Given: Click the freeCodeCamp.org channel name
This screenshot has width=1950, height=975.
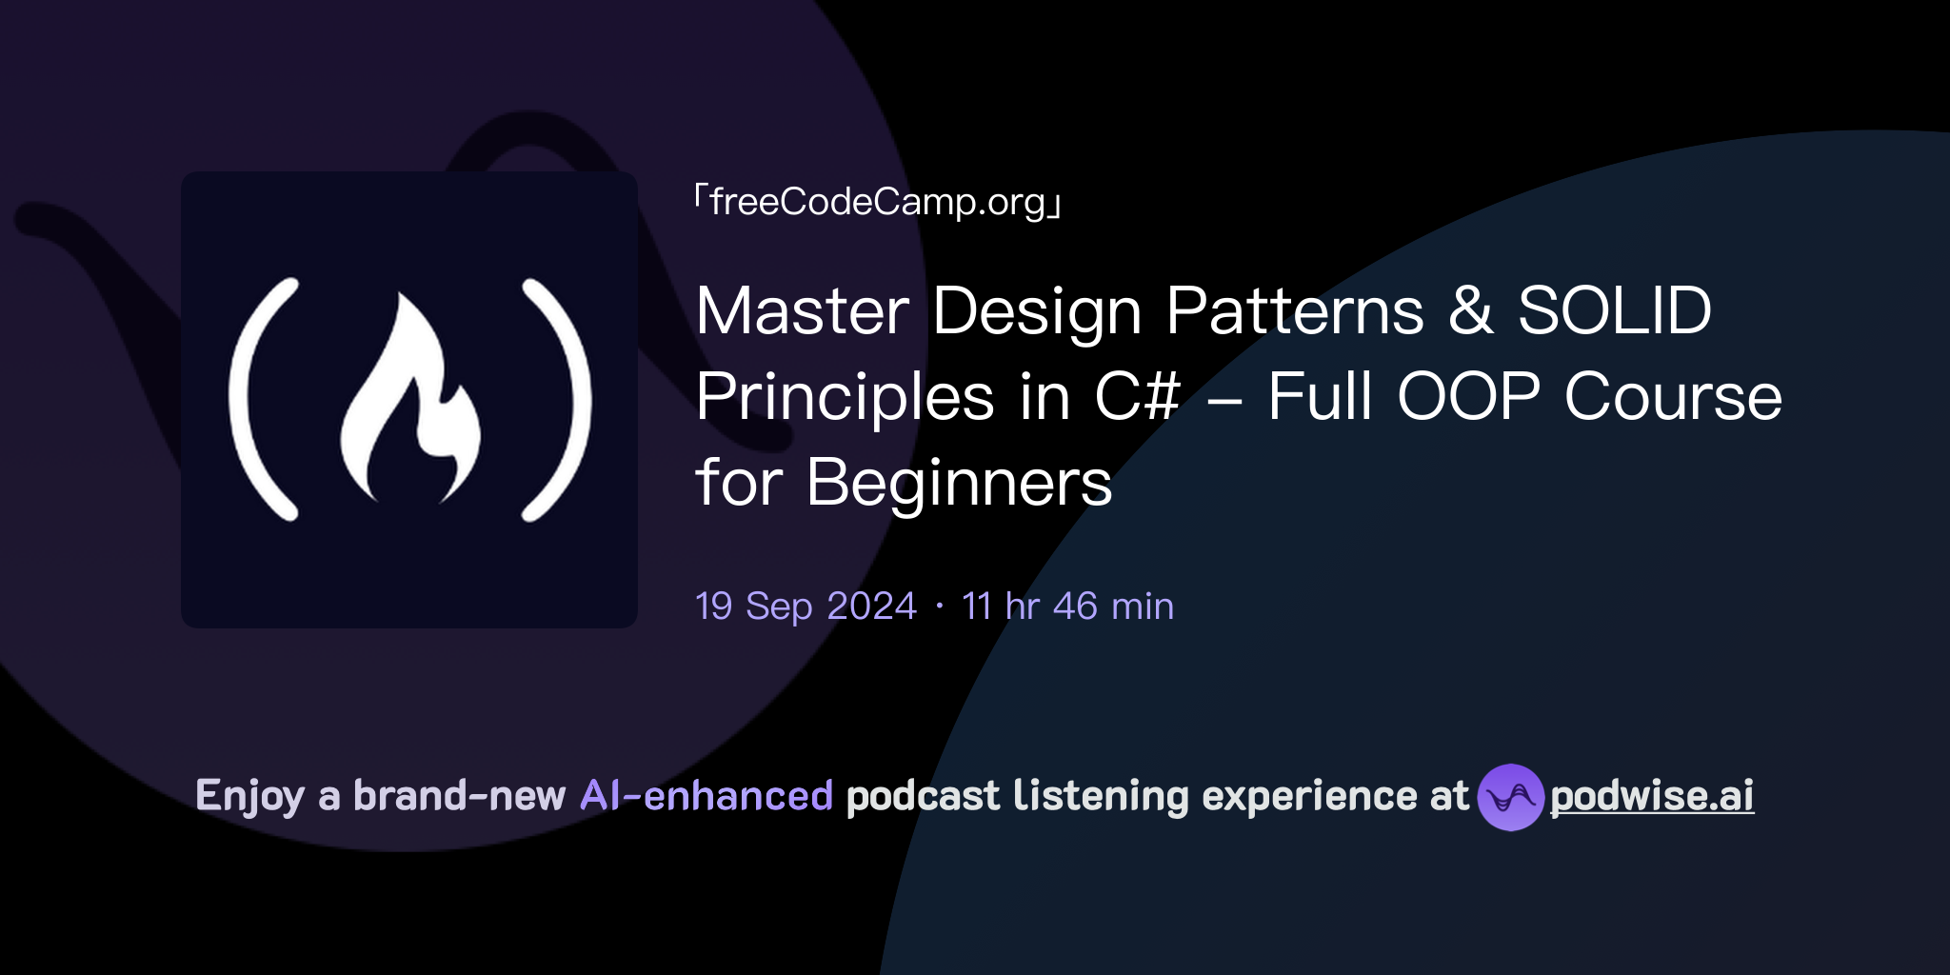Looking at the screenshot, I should pos(877,202).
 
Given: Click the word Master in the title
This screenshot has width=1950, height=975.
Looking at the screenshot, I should pos(803,311).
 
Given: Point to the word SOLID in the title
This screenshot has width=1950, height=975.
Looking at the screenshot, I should pos(1614,311).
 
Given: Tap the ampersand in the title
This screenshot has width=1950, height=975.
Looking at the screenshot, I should pos(1470,311).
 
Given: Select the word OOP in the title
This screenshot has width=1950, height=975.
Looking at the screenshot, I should pos(1467,397).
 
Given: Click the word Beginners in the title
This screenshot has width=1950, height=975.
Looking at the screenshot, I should pos(959,483).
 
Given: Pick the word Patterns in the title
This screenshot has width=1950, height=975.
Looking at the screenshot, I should pos(1295,311).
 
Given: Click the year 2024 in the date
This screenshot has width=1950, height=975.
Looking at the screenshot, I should pos(871,607).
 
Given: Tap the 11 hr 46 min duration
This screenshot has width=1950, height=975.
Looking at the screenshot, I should pos(1067,607).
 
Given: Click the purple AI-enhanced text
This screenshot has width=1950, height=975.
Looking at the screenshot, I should pos(706,796).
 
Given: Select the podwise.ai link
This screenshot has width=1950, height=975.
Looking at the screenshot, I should pos(1651,796).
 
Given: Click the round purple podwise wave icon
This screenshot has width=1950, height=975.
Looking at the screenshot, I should pos(1510,797).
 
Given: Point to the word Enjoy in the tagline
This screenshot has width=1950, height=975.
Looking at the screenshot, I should pos(249,796).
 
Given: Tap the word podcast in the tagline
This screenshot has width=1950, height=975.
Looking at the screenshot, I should pos(923,796).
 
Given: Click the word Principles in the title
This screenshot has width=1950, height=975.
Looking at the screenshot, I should pos(845,397).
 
